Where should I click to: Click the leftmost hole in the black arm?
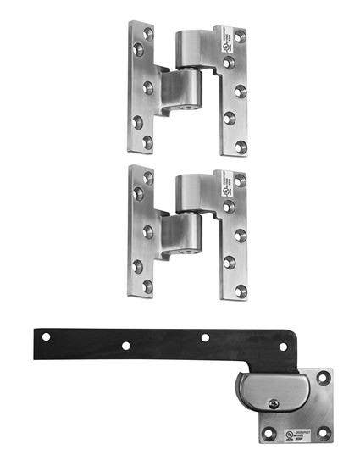tap(47, 336)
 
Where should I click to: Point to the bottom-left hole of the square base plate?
tap(269, 434)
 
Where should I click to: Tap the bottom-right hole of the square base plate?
tap(322, 434)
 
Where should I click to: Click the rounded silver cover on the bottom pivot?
tap(263, 393)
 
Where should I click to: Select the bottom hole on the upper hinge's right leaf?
tap(241, 147)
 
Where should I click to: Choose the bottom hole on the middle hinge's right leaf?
tap(241, 291)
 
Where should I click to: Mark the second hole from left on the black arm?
tap(125, 346)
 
